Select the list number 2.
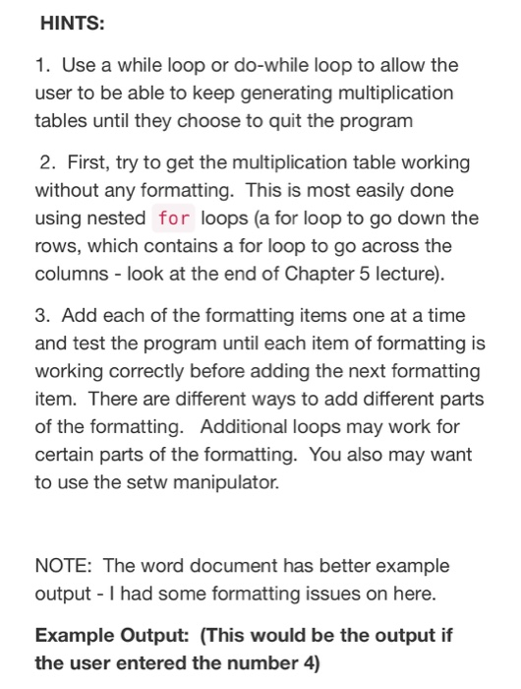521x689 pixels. click(48, 161)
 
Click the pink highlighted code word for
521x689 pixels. click(173, 218)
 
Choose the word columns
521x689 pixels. click(68, 273)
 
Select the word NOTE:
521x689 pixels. click(63, 566)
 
